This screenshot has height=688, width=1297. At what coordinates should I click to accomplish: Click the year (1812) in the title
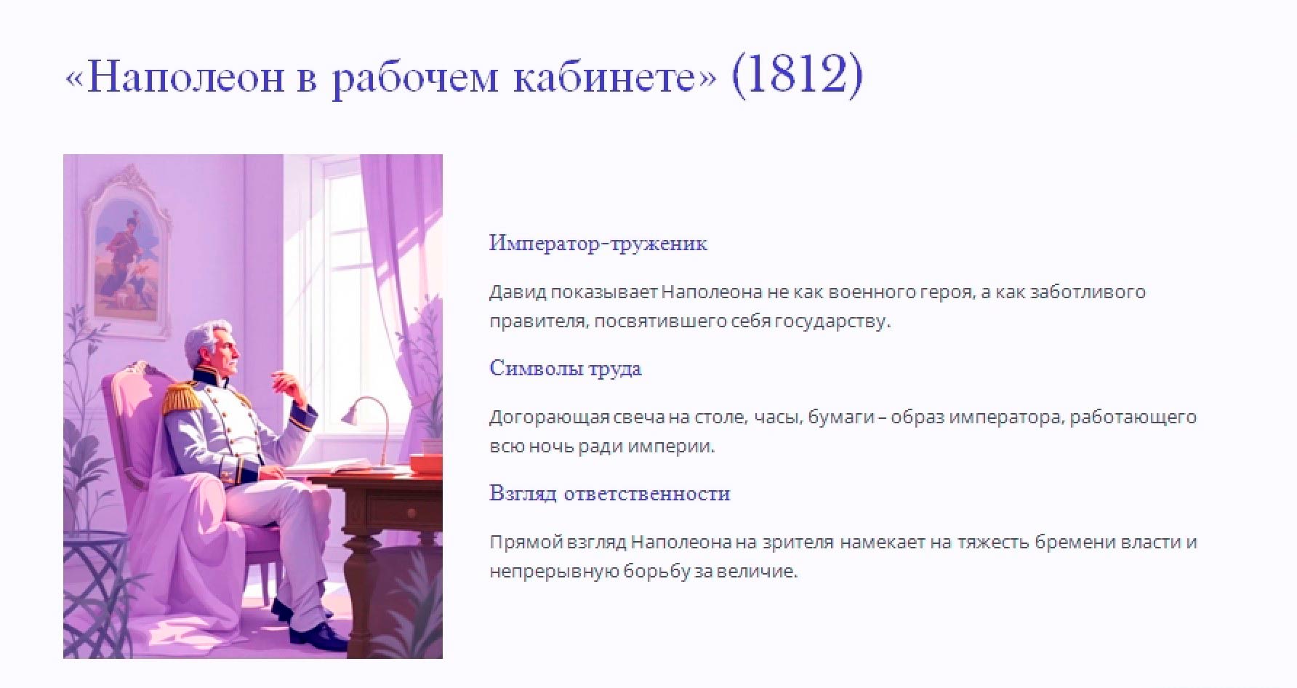(798, 75)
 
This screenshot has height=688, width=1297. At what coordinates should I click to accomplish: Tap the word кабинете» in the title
(615, 76)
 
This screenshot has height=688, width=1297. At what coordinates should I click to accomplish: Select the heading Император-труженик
(598, 243)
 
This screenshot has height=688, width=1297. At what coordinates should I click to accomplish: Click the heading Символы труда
(565, 368)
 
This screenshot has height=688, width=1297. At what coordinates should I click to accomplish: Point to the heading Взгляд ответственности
(609, 493)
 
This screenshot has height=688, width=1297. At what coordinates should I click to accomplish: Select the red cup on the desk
(425, 463)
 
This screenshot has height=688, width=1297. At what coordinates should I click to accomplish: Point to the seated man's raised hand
(286, 381)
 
